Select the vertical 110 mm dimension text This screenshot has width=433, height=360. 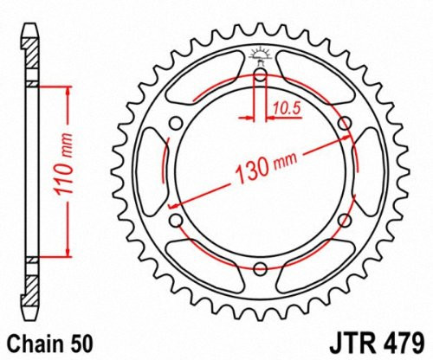pyautogui.click(x=81, y=172)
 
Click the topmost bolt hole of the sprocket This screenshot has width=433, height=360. pyautogui.click(x=260, y=74)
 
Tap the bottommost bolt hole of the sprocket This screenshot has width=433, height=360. pyautogui.click(x=260, y=269)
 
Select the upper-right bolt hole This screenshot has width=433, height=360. pyautogui.click(x=344, y=123)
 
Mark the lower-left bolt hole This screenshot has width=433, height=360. pyautogui.click(x=176, y=221)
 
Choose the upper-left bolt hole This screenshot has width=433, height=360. pyautogui.click(x=176, y=123)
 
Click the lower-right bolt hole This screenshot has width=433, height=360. pyautogui.click(x=344, y=221)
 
